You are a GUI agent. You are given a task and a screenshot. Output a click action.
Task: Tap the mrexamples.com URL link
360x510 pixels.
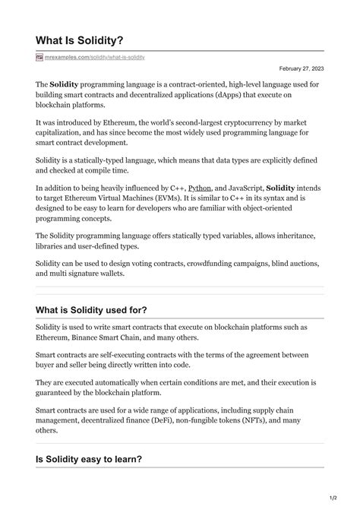point(95,57)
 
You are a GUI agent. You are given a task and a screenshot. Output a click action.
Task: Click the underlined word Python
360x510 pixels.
point(200,186)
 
